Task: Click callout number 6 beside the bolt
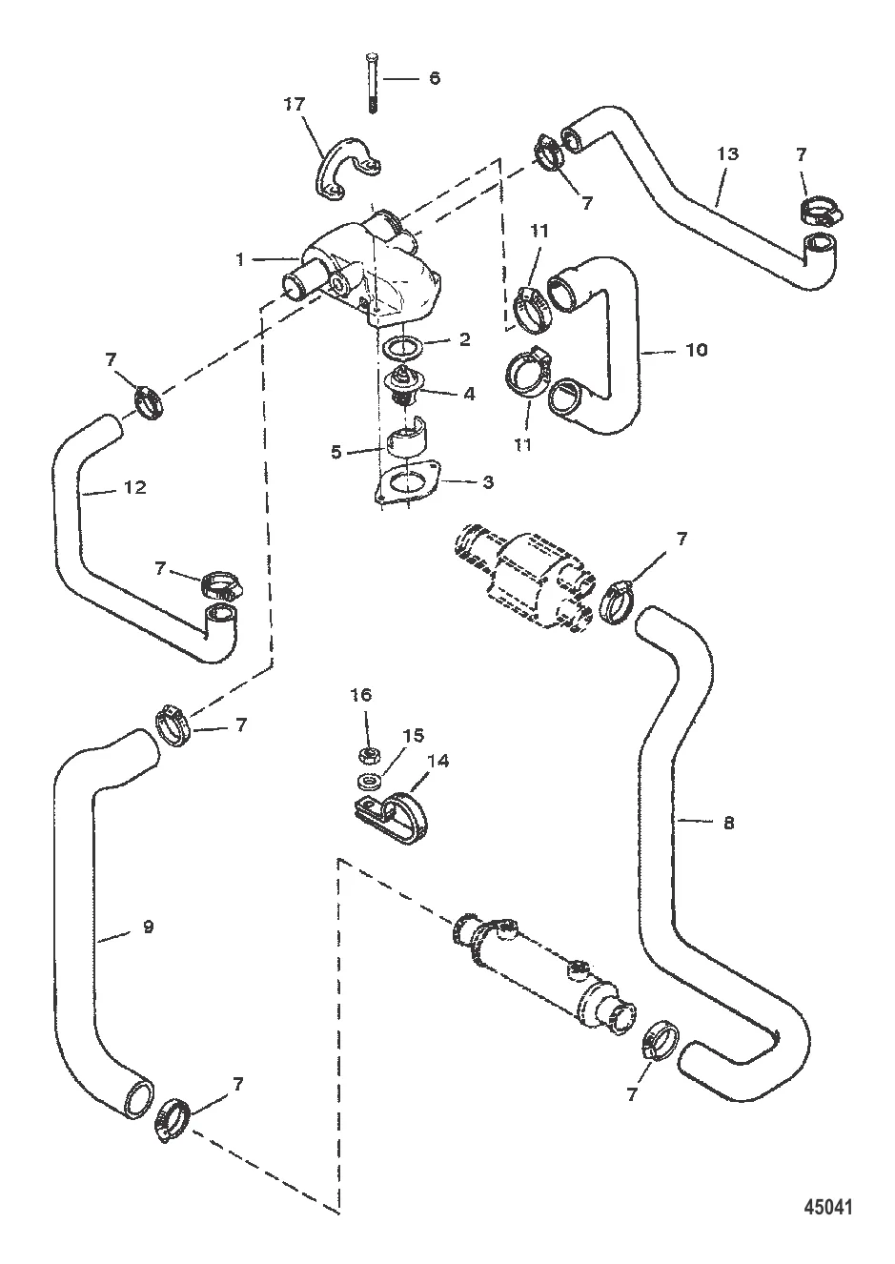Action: click(x=434, y=78)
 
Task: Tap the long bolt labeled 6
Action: click(x=372, y=83)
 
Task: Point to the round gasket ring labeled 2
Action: click(x=402, y=349)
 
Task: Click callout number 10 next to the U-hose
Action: click(x=698, y=351)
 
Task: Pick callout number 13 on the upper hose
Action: click(x=728, y=153)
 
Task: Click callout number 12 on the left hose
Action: click(x=135, y=487)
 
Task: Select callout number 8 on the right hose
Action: click(x=729, y=824)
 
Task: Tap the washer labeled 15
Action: click(x=369, y=782)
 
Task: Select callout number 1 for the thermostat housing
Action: click(x=240, y=260)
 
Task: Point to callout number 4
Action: click(x=469, y=394)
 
